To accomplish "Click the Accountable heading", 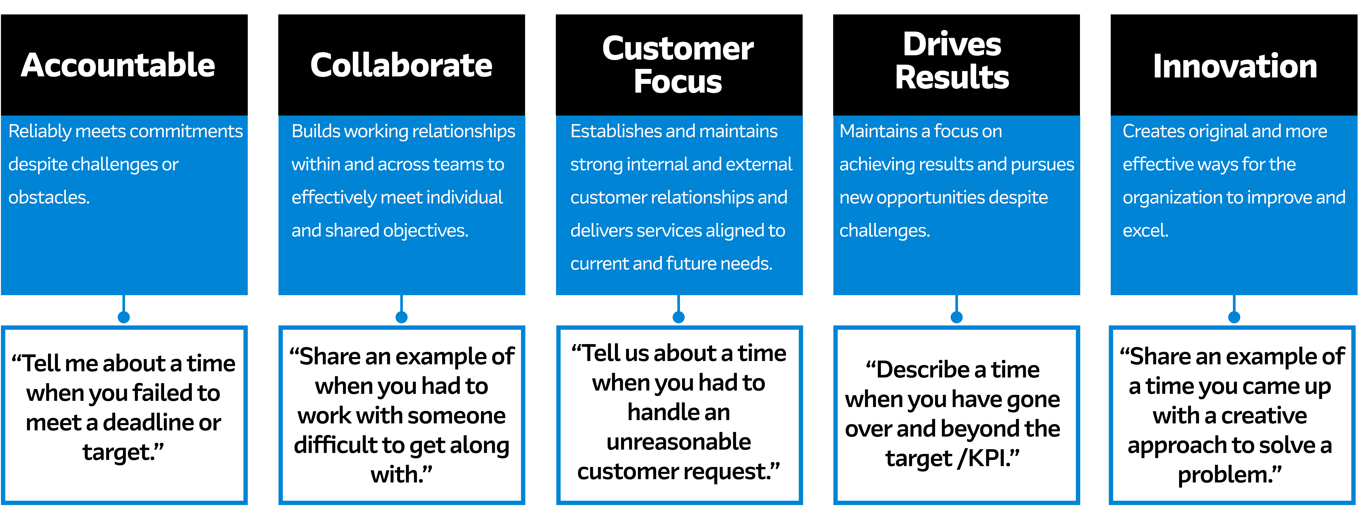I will point(118,65).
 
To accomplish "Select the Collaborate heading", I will point(401,65).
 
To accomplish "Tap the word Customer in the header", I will point(678,49).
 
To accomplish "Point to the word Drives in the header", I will point(952,44).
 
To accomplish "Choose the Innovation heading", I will point(1235,66).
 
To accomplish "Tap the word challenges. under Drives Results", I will point(885,230).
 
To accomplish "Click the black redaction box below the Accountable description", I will point(122,409).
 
